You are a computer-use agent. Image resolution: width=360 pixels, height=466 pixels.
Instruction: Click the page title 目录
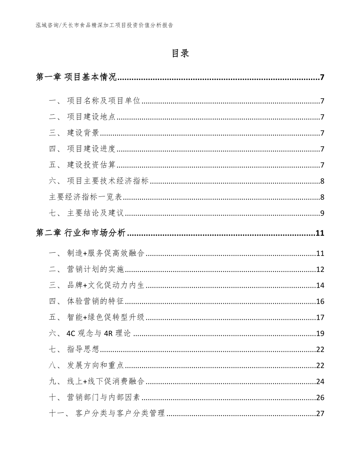pyautogui.click(x=180, y=54)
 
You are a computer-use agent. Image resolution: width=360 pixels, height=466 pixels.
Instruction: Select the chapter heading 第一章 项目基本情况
pyautogui.click(x=76, y=77)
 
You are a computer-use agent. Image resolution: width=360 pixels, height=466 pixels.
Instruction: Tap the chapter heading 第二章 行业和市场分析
pyautogui.click(x=81, y=234)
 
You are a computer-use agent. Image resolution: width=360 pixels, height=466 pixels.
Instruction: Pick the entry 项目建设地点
pyautogui.click(x=91, y=117)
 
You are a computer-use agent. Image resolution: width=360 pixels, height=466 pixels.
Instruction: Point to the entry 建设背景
pyautogui.click(x=83, y=133)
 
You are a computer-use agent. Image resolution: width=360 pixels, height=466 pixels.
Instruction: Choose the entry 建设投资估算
pyautogui.click(x=91, y=165)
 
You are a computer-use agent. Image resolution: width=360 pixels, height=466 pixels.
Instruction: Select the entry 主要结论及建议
pyautogui.click(x=95, y=213)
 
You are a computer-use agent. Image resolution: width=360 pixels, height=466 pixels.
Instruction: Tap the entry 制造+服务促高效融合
pyautogui.click(x=106, y=254)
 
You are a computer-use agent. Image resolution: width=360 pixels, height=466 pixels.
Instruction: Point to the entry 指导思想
pyautogui.click(x=83, y=350)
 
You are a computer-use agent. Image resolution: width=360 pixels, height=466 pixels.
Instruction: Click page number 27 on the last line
pyautogui.click(x=320, y=414)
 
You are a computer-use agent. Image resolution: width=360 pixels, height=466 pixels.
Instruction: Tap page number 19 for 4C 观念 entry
pyautogui.click(x=320, y=334)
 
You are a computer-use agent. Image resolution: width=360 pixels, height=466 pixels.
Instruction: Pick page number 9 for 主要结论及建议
pyautogui.click(x=322, y=213)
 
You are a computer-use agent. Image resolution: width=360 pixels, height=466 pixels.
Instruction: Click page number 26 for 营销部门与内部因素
pyautogui.click(x=320, y=398)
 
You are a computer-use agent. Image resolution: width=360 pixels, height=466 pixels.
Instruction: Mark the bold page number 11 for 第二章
pyautogui.click(x=320, y=234)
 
